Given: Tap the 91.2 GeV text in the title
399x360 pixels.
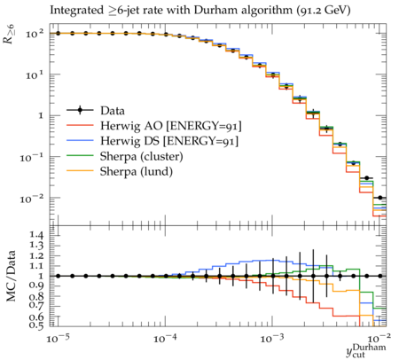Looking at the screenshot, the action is click(x=324, y=11).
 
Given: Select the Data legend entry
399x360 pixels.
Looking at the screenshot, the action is click(x=96, y=111).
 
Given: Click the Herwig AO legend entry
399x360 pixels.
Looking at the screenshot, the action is click(x=154, y=126).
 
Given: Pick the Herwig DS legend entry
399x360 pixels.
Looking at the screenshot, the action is click(x=153, y=141).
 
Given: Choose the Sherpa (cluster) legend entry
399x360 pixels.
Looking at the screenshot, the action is click(x=125, y=156).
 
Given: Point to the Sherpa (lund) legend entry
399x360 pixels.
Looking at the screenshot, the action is click(x=120, y=171).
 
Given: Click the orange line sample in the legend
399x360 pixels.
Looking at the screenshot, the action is click(x=80, y=171).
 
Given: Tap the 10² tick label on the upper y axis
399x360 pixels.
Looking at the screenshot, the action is click(x=35, y=34).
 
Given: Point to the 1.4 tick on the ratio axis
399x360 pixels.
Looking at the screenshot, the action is click(x=35, y=235).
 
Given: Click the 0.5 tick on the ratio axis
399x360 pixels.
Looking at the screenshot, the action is click(x=35, y=325).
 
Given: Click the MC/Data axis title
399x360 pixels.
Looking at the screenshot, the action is click(x=11, y=276).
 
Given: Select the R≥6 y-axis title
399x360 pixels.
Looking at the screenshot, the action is click(x=10, y=34).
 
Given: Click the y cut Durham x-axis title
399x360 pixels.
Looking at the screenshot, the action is click(x=366, y=351).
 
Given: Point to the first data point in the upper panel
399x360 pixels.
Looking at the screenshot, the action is click(x=59, y=34).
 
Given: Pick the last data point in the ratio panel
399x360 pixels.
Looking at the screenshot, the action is click(x=380, y=276).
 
